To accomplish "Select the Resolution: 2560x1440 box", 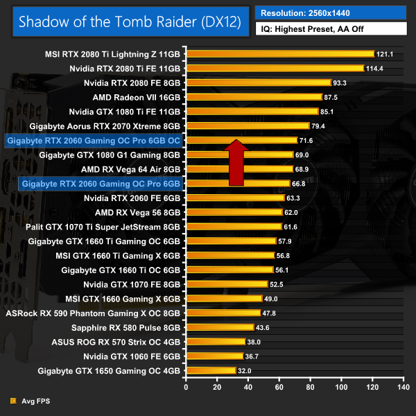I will coord(331,12).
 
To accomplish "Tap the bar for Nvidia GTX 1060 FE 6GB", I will coord(215,356).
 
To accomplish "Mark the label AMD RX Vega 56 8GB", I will coord(137,212).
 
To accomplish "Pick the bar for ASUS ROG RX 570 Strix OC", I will coord(216,341).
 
